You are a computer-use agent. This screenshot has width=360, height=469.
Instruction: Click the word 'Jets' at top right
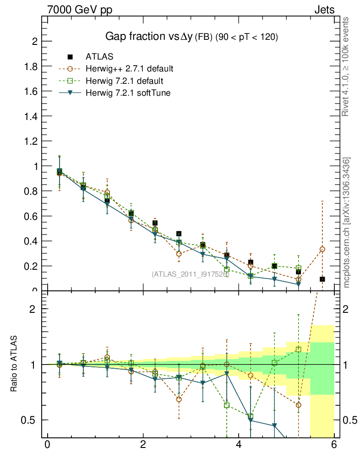pyautogui.click(x=324, y=10)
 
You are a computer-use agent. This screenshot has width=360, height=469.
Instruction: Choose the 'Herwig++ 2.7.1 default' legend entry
pyautogui.click(x=129, y=69)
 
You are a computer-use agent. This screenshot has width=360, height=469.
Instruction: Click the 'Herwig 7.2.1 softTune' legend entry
pyautogui.click(x=128, y=93)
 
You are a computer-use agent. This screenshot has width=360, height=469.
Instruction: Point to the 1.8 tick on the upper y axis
pyautogui.click(x=31, y=66)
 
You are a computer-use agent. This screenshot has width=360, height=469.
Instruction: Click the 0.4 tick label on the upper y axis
pyautogui.click(x=31, y=241)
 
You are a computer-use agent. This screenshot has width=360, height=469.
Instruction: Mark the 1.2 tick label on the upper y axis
pyautogui.click(x=31, y=141)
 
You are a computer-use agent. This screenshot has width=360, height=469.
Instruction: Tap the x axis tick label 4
pyautogui.click(x=239, y=445)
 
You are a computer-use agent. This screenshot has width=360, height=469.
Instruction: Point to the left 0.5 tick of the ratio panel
pyautogui.click(x=31, y=420)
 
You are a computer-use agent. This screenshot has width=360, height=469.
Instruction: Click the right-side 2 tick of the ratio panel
pyautogui.click(x=347, y=309)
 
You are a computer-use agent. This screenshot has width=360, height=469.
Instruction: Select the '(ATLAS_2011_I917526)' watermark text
pyautogui.click(x=190, y=274)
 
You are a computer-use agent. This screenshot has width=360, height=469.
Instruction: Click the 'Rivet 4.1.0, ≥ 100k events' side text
pyautogui.click(x=346, y=67)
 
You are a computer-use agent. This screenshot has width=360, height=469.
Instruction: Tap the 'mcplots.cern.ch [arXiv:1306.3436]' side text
pyautogui.click(x=347, y=223)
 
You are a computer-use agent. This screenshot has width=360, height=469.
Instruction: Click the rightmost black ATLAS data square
pyautogui.click(x=322, y=279)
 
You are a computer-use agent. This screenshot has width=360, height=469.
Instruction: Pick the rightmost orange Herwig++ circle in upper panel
pyautogui.click(x=322, y=249)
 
